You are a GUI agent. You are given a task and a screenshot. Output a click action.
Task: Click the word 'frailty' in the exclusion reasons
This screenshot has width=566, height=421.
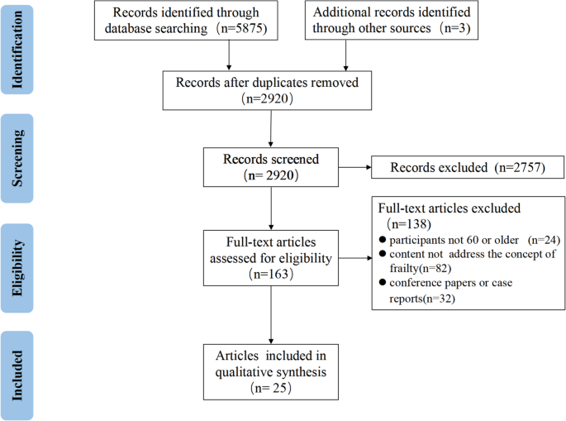click(x=400, y=269)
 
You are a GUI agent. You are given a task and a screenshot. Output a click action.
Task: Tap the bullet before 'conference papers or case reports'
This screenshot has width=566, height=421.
click(x=383, y=284)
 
